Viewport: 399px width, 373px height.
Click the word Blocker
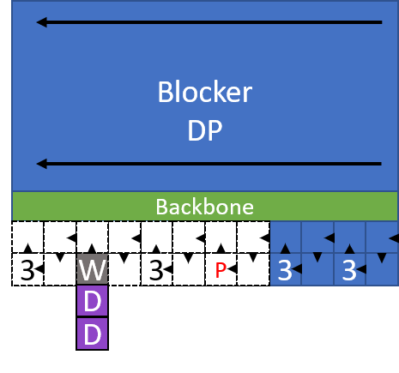point(204,93)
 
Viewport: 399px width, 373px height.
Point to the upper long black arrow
point(209,23)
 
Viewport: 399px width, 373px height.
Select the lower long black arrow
point(209,163)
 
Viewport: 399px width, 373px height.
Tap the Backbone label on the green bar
point(204,207)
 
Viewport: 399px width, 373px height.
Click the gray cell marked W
point(92,270)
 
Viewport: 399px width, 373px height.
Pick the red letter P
point(221,270)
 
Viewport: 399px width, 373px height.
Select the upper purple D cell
point(92,302)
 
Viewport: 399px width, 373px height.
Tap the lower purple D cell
point(92,334)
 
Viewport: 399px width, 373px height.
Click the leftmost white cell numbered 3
point(27,270)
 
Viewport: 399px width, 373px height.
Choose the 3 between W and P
point(156,270)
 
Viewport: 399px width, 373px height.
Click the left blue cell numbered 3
point(285,270)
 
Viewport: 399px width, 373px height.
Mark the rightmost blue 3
point(349,270)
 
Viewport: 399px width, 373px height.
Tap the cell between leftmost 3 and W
point(59,270)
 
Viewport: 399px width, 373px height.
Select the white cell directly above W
point(92,238)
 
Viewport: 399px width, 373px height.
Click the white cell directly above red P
point(221,238)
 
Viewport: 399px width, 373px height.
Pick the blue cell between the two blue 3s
point(317,270)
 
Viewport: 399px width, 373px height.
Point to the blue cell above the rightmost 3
point(349,238)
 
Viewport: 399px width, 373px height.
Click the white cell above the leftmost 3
point(27,238)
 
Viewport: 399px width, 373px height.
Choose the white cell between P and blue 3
point(252,270)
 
